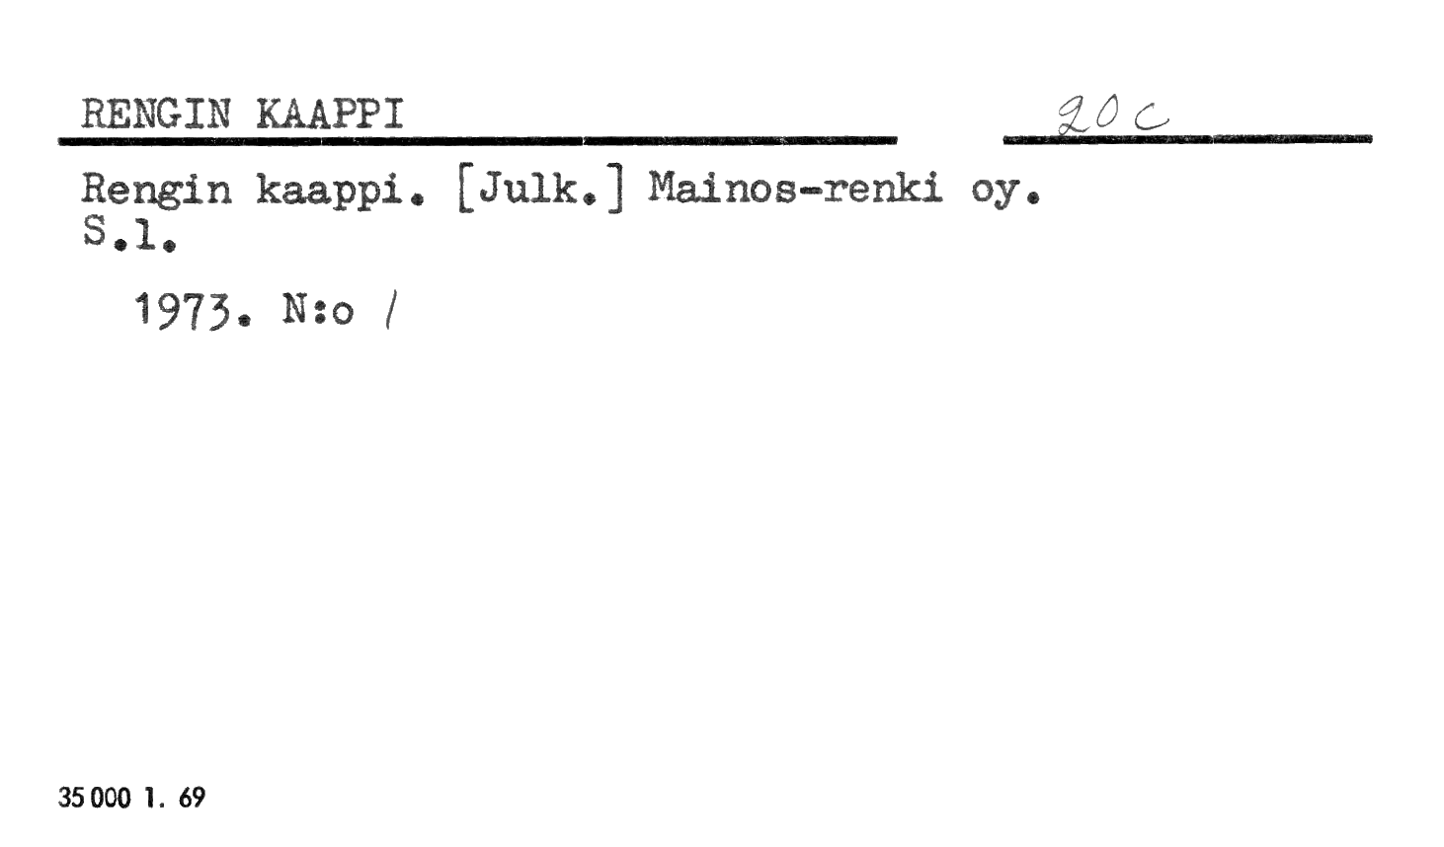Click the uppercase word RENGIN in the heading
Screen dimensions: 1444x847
(156, 115)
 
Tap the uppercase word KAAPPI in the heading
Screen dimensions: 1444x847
(330, 115)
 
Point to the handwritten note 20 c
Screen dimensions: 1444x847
(1112, 116)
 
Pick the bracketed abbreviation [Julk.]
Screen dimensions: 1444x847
(541, 192)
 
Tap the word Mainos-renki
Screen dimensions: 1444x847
(795, 189)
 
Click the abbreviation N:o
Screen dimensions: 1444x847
(318, 310)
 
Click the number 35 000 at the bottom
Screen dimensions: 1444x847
(95, 798)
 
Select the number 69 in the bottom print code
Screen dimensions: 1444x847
(192, 798)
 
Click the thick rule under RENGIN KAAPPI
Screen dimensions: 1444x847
(478, 140)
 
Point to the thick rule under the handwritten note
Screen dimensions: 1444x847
(1187, 139)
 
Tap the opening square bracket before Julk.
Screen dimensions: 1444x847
(463, 192)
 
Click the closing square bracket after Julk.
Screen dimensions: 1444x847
(617, 192)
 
